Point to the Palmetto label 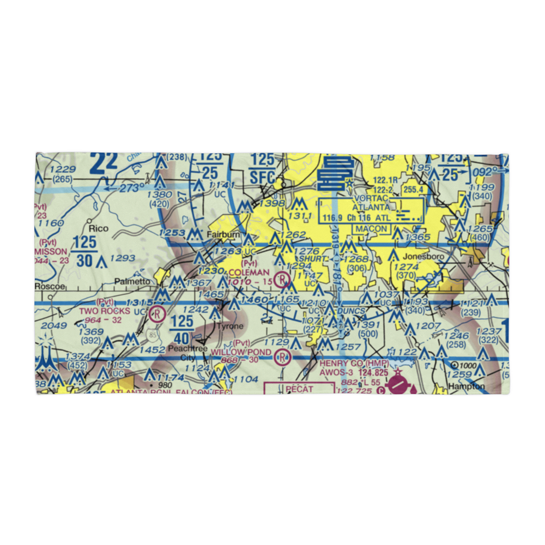pyautogui.click(x=131, y=281)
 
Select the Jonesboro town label pyautogui.click(x=424, y=256)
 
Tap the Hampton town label pyautogui.click(x=466, y=386)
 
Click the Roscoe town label pyautogui.click(x=50, y=286)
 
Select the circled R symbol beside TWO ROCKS pyautogui.click(x=157, y=314)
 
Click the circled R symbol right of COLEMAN pyautogui.click(x=282, y=280)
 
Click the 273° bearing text pyautogui.click(x=128, y=189)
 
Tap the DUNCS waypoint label pyautogui.click(x=352, y=310)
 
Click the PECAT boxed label pyautogui.click(x=298, y=389)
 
